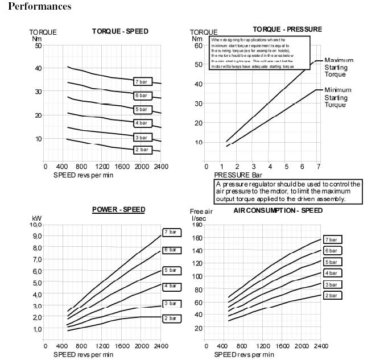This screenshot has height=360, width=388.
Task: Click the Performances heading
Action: (x=39, y=6)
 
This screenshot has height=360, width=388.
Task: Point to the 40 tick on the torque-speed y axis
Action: (x=39, y=68)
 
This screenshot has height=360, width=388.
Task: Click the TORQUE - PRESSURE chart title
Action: (x=287, y=29)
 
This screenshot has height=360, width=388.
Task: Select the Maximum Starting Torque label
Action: (x=339, y=67)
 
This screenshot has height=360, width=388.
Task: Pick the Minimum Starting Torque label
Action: (x=338, y=97)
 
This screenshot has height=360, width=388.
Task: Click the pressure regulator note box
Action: (x=288, y=192)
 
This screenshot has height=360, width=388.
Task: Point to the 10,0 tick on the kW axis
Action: (x=36, y=225)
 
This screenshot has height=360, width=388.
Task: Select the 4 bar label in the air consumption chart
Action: (x=332, y=274)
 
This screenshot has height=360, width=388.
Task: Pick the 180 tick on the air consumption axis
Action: (x=198, y=225)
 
